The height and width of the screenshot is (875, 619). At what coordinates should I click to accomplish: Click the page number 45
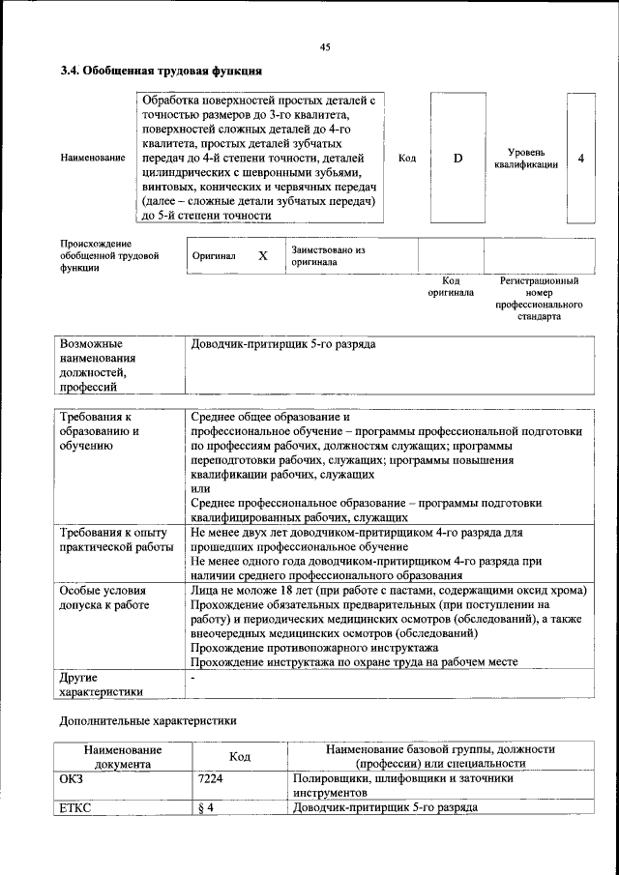[325, 47]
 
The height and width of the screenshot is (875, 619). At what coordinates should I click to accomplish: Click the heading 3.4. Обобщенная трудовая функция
[161, 71]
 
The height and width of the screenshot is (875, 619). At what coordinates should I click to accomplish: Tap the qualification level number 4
[580, 158]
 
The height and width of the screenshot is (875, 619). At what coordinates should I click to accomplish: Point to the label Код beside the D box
[407, 158]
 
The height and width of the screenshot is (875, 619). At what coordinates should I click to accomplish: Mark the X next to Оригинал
[262, 256]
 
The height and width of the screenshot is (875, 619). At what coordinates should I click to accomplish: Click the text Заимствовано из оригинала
[328, 255]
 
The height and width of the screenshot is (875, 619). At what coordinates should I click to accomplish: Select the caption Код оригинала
[451, 286]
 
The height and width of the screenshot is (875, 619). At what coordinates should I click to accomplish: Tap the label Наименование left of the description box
[92, 158]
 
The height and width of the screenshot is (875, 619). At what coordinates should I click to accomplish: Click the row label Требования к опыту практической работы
[113, 540]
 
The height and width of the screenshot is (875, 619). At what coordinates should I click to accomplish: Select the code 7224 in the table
[210, 777]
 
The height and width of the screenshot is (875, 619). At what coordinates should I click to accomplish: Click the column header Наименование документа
[122, 756]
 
